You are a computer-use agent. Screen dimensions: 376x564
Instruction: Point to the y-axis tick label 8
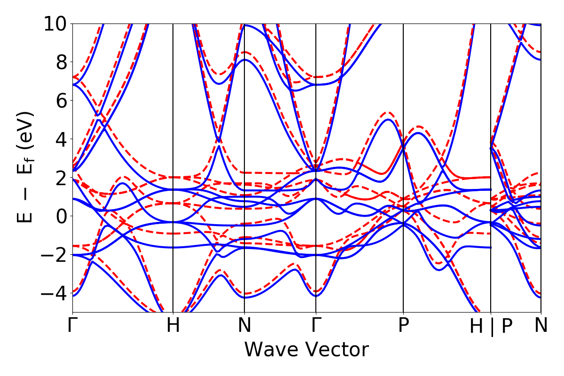click(x=60, y=62)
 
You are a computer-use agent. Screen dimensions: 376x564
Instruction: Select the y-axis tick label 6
click(x=60, y=101)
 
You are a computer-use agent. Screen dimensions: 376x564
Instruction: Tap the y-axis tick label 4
click(x=60, y=139)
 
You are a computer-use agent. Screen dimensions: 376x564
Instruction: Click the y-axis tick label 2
click(x=60, y=178)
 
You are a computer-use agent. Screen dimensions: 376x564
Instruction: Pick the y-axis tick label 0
click(x=60, y=216)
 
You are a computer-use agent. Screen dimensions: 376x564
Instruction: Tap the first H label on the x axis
click(x=173, y=326)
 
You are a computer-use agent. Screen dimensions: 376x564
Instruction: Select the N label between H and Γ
click(x=244, y=326)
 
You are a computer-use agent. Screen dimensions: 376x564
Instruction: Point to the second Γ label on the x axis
click(x=316, y=326)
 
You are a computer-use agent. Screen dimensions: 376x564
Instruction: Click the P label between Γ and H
click(x=403, y=326)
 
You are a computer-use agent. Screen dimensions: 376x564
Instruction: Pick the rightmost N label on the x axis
click(x=541, y=326)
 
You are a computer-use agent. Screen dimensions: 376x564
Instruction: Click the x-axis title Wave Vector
click(x=306, y=350)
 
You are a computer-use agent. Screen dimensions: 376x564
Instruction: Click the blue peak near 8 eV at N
click(x=244, y=60)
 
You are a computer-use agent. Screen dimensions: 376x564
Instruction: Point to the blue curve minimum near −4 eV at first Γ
click(x=73, y=296)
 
